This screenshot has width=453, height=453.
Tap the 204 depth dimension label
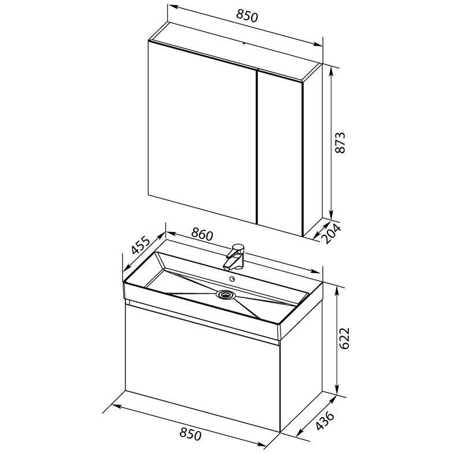[332, 233]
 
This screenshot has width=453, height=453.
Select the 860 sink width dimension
[202, 234]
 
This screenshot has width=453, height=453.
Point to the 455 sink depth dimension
[141, 245]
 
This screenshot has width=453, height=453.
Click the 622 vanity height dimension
[344, 338]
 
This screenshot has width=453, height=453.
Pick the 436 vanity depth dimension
[325, 421]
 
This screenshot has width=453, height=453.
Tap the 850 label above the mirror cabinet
[246, 16]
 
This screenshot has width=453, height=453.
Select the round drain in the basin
[226, 294]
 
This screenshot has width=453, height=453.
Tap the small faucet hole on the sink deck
[231, 279]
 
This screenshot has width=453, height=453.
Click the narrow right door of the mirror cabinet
[279, 153]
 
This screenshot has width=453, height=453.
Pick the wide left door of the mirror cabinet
[202, 132]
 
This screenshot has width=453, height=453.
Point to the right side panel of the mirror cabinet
[312, 150]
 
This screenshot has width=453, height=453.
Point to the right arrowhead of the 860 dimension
[315, 271]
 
